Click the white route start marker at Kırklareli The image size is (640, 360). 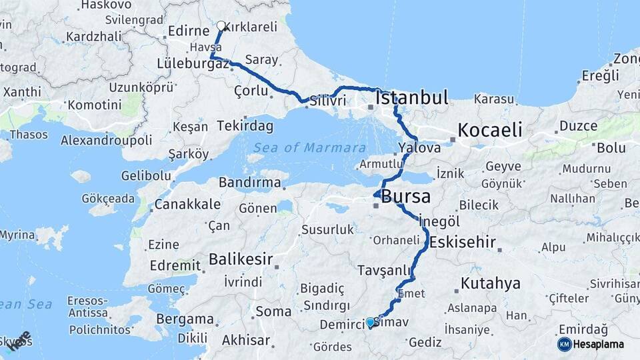pyautogui.click(x=221, y=26)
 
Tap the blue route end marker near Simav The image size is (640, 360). pyautogui.click(x=370, y=323)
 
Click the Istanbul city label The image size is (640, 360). pyautogui.click(x=411, y=98)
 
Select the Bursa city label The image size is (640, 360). pyautogui.click(x=405, y=197)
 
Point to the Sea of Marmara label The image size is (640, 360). pyautogui.click(x=309, y=148)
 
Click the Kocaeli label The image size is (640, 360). pyautogui.click(x=489, y=129)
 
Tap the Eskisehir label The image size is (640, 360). pyautogui.click(x=463, y=241)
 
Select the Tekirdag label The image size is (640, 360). pyautogui.click(x=245, y=126)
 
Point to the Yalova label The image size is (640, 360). pyautogui.click(x=419, y=148)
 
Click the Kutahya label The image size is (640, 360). pyautogui.click(x=490, y=283)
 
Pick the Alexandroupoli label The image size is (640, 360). pyautogui.click(x=106, y=141)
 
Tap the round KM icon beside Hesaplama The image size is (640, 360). pyautogui.click(x=564, y=344)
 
